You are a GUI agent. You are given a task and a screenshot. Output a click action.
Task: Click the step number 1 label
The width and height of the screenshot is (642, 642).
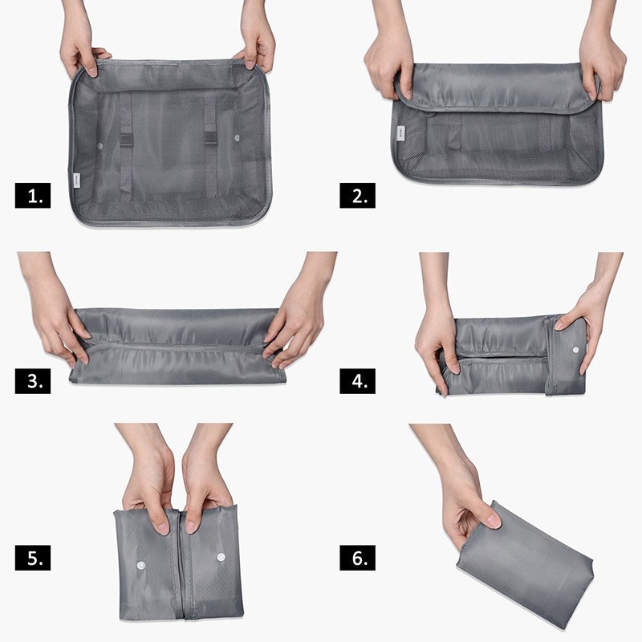click(x=33, y=196)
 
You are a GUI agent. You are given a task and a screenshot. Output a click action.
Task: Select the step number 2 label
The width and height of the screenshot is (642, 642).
click(x=357, y=196)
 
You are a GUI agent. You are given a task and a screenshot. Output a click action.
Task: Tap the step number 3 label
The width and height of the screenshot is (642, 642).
click(x=33, y=381)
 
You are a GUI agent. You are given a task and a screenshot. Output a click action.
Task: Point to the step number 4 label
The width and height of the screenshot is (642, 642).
click(x=357, y=381)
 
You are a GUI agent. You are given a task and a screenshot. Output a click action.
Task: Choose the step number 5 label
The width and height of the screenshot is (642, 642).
click(x=33, y=558)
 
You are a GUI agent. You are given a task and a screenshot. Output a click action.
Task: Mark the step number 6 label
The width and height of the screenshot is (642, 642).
click(x=357, y=558)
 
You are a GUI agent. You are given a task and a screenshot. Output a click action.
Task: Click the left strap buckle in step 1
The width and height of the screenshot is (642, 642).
click(x=127, y=140)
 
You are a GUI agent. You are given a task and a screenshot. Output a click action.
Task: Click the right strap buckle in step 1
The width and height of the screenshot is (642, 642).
click(x=210, y=138)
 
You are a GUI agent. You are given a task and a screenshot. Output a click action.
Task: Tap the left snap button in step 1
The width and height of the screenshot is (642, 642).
click(x=100, y=146)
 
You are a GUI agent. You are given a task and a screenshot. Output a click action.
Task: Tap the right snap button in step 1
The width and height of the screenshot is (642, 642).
click(x=237, y=138)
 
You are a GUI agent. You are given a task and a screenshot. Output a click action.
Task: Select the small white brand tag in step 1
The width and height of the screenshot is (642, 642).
click(x=77, y=180)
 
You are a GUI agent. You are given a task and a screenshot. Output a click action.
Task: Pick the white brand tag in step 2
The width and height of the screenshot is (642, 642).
click(x=400, y=133)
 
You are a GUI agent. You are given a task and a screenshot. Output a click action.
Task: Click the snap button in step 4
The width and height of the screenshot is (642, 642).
click(x=575, y=350)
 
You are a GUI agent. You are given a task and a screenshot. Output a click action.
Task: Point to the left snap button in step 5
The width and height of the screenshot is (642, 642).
click(x=141, y=566)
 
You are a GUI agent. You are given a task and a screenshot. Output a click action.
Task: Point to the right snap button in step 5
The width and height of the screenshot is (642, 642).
click(x=221, y=557)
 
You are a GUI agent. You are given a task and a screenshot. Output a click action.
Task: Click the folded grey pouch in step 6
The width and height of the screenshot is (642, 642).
click(x=525, y=565)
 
